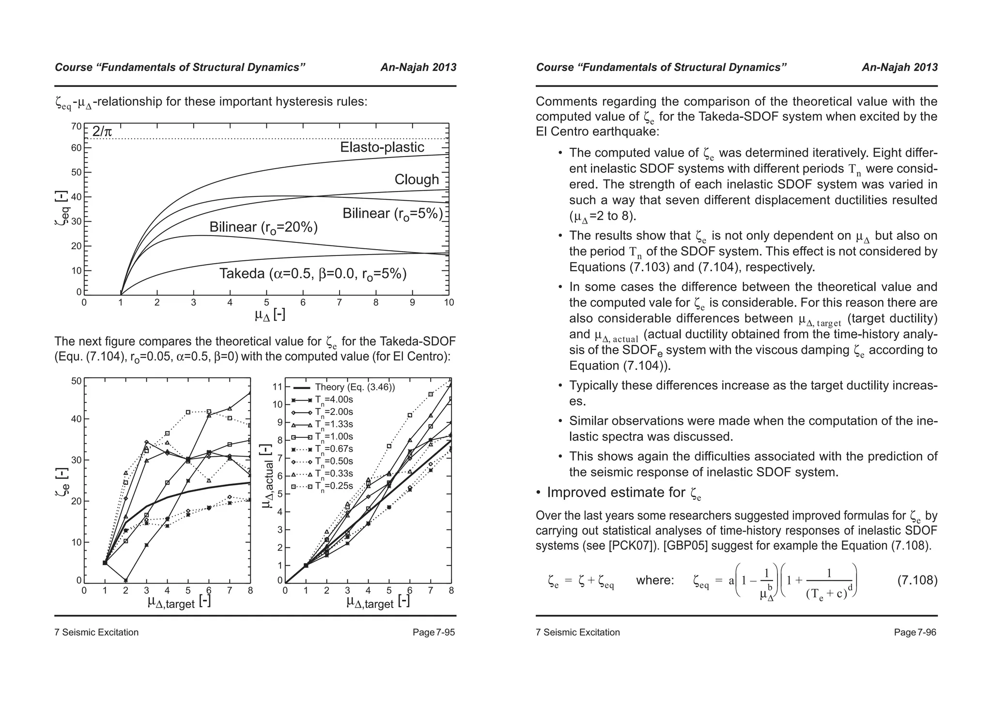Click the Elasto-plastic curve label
(x=382, y=147)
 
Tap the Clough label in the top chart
(x=417, y=179)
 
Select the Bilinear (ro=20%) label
(x=263, y=227)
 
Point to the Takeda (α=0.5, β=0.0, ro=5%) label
(x=313, y=274)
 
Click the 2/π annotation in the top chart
(x=102, y=131)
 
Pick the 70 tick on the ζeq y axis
(x=77, y=127)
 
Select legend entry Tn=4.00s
(x=334, y=400)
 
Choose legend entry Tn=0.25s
(x=334, y=486)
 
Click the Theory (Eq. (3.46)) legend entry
(x=355, y=387)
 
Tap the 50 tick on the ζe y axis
(x=77, y=381)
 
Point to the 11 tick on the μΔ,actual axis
(x=278, y=387)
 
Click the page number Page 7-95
(x=434, y=633)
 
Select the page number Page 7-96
(x=915, y=633)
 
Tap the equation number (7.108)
(x=917, y=580)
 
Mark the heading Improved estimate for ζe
(x=624, y=493)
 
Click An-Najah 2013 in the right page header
(x=899, y=67)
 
